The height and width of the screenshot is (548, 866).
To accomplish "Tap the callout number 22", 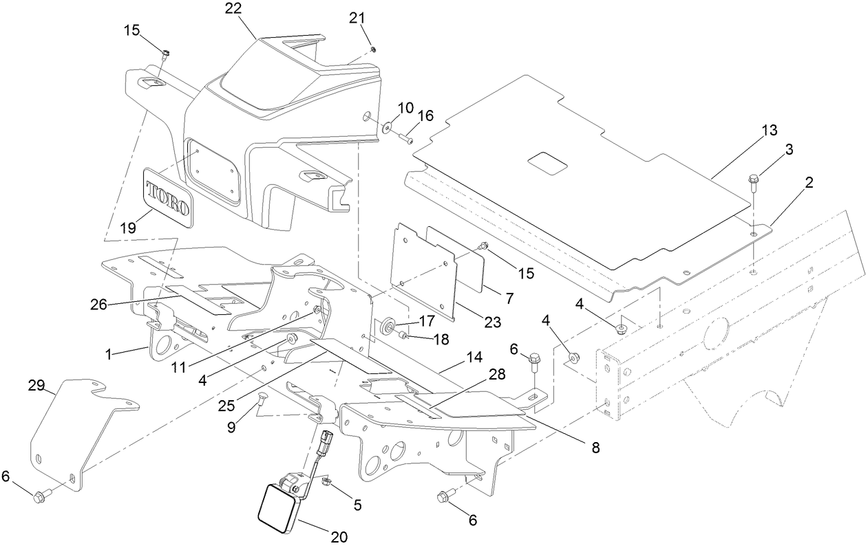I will (234, 9).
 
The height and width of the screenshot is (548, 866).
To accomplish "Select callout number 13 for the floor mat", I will (769, 130).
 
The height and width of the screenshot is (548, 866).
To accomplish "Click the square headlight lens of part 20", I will (275, 508).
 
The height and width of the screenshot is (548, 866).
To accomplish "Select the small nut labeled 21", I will (372, 49).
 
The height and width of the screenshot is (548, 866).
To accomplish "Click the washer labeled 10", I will (387, 127).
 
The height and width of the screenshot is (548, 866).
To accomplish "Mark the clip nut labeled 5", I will (328, 483).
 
